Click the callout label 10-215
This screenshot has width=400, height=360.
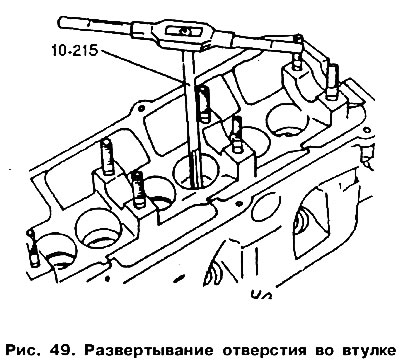click(74, 51)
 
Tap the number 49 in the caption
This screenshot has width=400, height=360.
click(61, 350)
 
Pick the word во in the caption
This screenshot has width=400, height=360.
click(322, 351)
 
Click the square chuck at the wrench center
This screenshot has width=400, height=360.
click(183, 31)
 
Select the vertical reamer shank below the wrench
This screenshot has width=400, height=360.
click(189, 100)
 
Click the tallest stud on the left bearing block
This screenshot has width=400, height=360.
click(107, 157)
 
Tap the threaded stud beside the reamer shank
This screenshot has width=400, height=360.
click(203, 103)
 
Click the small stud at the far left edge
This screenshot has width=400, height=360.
click(34, 248)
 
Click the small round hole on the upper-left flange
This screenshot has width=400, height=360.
click(141, 109)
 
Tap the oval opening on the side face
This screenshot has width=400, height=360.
click(266, 207)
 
